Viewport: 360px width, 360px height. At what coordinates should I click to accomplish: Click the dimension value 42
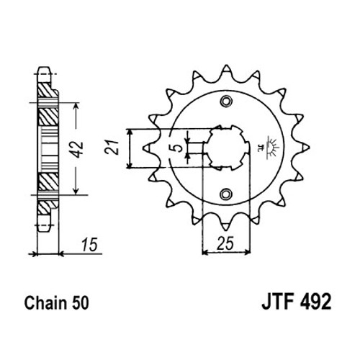pos(78,149)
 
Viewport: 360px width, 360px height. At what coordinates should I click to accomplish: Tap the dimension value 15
pos(90,245)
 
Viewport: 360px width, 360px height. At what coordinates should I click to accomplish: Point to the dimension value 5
pos(177,148)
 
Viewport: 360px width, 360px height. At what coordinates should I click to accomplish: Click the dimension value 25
pos(225,243)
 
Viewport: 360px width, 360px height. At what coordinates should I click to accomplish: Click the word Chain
pos(45,303)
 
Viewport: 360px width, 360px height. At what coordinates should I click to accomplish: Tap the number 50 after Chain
pos(80,303)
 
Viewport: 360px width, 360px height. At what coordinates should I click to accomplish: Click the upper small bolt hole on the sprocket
pos(226,102)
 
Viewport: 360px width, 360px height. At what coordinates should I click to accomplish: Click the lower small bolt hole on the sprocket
pos(226,194)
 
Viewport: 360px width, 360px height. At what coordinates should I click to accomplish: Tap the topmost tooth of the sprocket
pos(226,70)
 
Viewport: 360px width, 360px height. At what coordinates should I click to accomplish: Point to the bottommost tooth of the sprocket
pos(226,225)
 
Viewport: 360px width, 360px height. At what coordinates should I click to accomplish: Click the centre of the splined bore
pos(226,148)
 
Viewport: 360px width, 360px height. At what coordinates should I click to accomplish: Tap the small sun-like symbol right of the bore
pos(271,147)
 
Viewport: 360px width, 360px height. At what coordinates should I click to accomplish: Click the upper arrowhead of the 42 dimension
pos(76,107)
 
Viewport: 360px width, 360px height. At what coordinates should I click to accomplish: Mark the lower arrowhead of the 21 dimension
pos(130,165)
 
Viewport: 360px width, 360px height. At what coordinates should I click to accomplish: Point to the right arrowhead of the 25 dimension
pos(247,252)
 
